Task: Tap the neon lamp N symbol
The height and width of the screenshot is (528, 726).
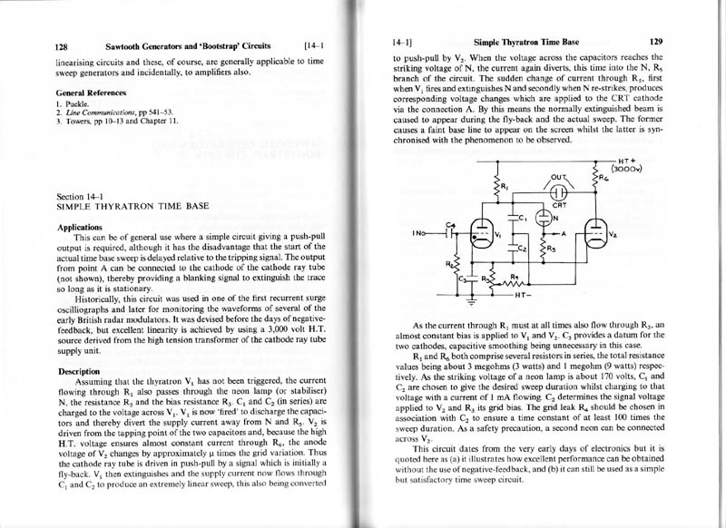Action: pyautogui.click(x=544, y=217)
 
